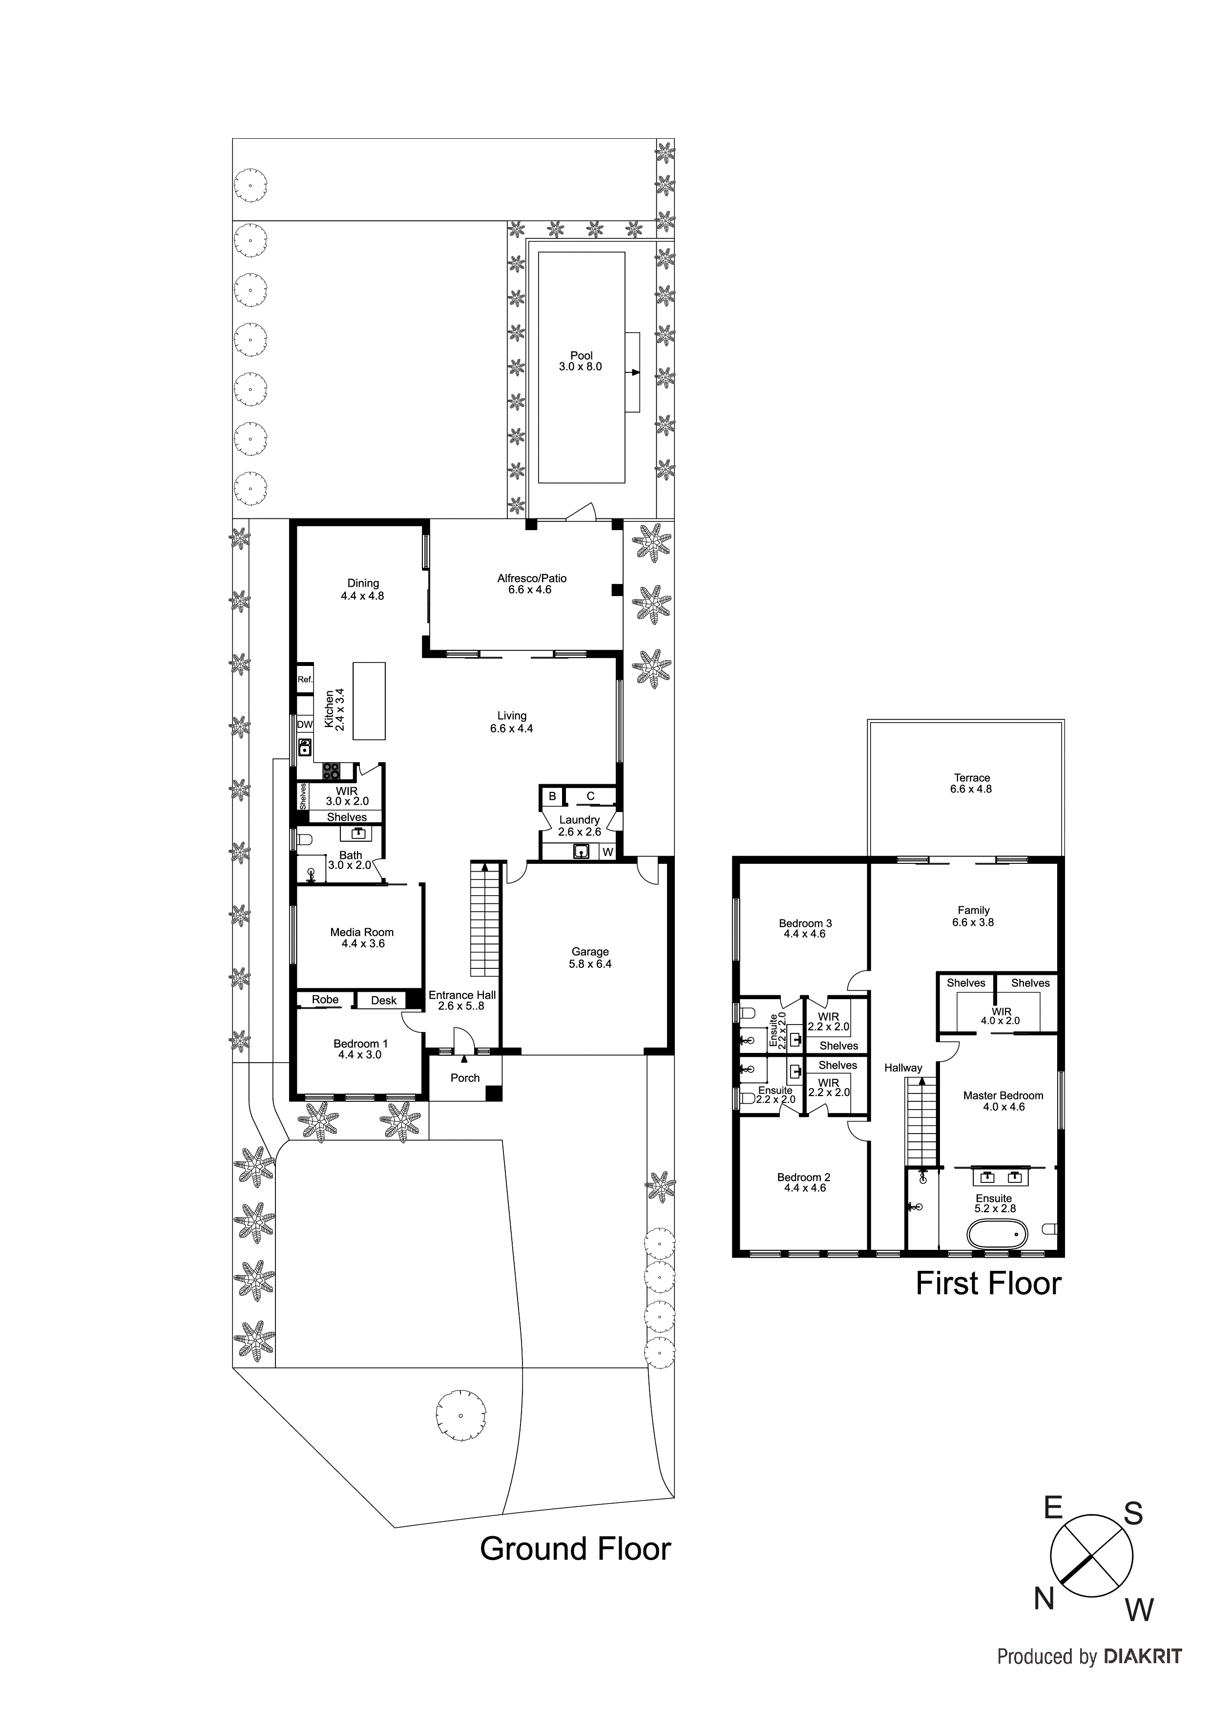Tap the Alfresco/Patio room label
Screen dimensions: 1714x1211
coord(531,578)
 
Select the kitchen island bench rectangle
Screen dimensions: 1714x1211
coord(369,700)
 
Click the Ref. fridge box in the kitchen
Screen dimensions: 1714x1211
coord(304,679)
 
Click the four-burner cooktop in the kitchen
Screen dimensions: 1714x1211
coord(331,771)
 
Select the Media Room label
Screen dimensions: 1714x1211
coord(362,932)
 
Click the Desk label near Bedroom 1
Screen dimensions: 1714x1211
coord(383,1000)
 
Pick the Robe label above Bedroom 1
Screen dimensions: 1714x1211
coord(325,1000)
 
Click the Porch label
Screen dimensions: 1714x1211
coord(465,1078)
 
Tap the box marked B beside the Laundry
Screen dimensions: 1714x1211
coord(552,796)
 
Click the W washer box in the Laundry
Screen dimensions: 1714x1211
coord(607,852)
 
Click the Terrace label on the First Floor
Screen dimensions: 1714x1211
coord(972,777)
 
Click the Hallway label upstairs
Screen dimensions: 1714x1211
coord(903,1068)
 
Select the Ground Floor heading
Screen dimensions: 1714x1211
coord(575,1549)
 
